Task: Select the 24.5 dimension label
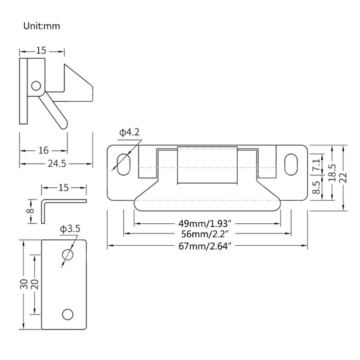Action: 57,164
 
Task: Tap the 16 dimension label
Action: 44,150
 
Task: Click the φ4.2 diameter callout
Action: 129,132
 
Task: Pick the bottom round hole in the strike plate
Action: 67,314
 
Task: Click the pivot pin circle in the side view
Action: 36,85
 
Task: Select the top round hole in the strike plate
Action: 67,255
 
